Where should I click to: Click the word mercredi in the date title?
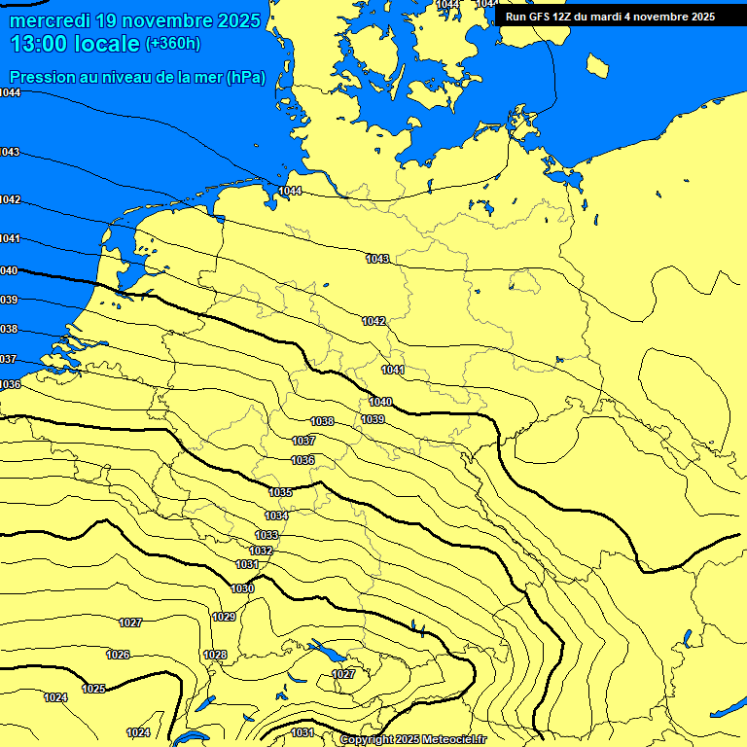pyautogui.click(x=50, y=19)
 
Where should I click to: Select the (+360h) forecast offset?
pyautogui.click(x=173, y=44)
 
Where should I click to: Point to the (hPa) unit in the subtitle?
pyautogui.click(x=245, y=78)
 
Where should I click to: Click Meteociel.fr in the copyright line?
pyautogui.click(x=452, y=740)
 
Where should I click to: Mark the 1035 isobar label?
pyautogui.click(x=281, y=492)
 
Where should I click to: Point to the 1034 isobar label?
pyautogui.click(x=276, y=516)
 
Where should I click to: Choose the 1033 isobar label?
pyautogui.click(x=267, y=536)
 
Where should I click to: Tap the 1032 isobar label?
pyautogui.click(x=261, y=551)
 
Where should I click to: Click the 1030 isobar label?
pyautogui.click(x=242, y=588)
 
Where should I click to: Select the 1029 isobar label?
pyautogui.click(x=224, y=617)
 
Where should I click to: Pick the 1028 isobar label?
pyautogui.click(x=215, y=655)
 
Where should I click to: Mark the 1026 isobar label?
pyautogui.click(x=118, y=655)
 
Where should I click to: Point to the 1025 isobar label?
pyautogui.click(x=93, y=689)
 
